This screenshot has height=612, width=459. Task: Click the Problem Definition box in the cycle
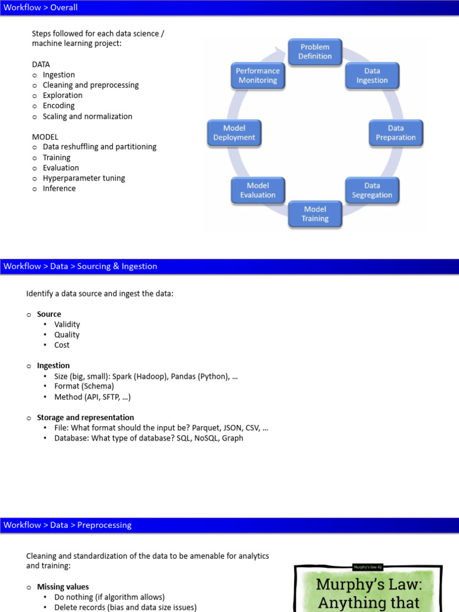tap(315, 51)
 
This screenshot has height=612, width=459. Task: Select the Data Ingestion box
tap(372, 75)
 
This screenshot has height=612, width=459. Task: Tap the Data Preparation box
tap(396, 133)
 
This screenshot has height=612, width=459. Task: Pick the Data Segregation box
tap(372, 190)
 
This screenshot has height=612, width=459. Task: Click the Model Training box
tap(315, 214)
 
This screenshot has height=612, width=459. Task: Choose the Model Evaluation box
tap(258, 190)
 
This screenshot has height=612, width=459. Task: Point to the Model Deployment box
tap(234, 133)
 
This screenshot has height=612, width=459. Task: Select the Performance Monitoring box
tap(258, 75)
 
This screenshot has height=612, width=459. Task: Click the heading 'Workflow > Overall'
tap(41, 8)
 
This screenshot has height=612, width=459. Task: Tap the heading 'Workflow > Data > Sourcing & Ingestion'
tap(80, 267)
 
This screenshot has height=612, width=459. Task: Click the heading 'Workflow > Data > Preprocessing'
tap(67, 525)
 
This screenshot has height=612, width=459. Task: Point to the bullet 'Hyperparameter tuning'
tap(84, 178)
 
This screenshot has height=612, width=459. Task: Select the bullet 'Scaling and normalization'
tap(87, 117)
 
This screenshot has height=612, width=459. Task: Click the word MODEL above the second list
tap(45, 137)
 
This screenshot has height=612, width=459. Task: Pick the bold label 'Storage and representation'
tap(85, 418)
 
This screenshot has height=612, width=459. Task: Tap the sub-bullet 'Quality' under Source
tap(66, 335)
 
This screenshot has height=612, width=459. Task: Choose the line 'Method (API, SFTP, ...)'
tap(92, 397)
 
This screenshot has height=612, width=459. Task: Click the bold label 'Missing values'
tap(63, 587)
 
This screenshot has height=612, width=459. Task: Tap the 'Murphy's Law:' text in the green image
tap(368, 584)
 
